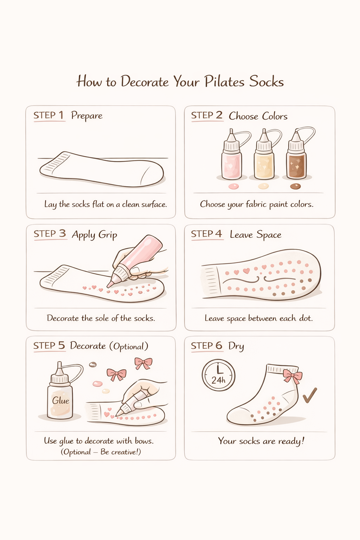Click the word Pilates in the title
point(224,82)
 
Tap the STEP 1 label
point(49,115)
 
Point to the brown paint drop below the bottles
point(295,186)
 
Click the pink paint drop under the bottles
point(233,186)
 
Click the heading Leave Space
point(256,234)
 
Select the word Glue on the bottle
point(60,401)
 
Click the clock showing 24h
point(218,375)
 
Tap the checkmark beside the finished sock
point(310,395)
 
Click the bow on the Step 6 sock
point(292,376)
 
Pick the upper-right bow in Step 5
point(143,363)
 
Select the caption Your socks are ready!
point(261,441)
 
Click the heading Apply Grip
point(94,234)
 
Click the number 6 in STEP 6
point(219,346)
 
